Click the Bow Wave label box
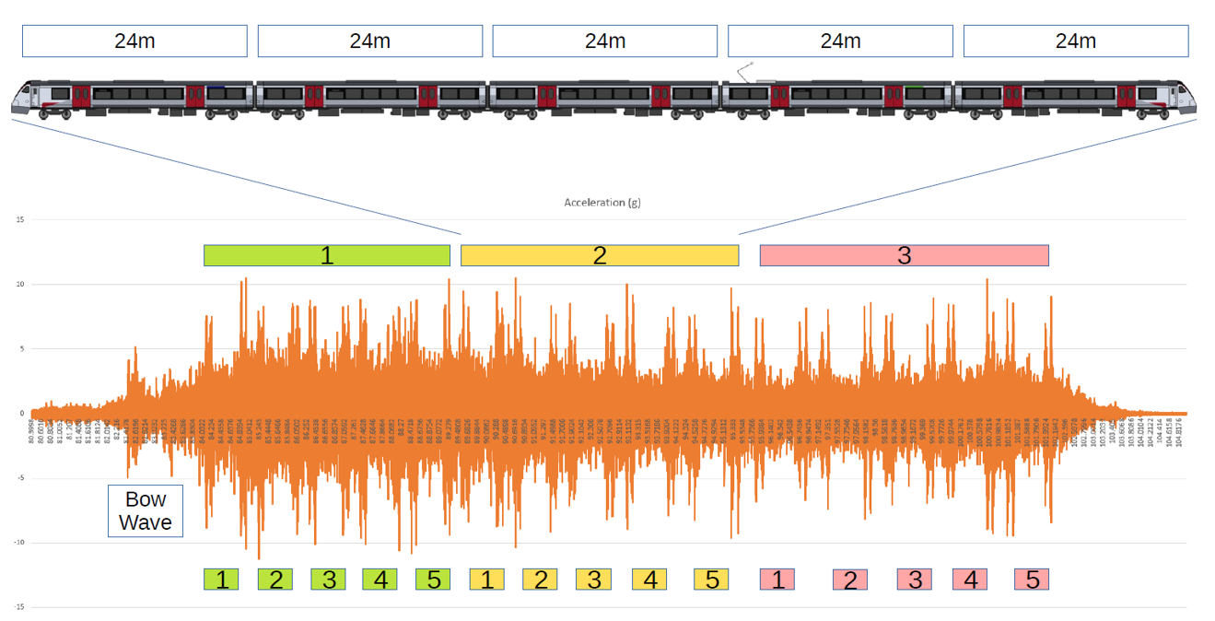146,511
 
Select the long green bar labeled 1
326,255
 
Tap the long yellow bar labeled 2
600,255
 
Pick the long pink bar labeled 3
904,255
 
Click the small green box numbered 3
329,580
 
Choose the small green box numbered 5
433,580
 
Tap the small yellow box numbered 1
486,580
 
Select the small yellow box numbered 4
649,580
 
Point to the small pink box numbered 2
849,580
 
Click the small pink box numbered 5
1032,580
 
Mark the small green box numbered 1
221,580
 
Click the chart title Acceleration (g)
602,202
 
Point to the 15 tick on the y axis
19,220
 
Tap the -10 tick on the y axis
18,543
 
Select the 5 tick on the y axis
20,349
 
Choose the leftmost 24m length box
134,41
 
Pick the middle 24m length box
604,41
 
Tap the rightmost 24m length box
1075,41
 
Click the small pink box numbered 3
915,580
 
